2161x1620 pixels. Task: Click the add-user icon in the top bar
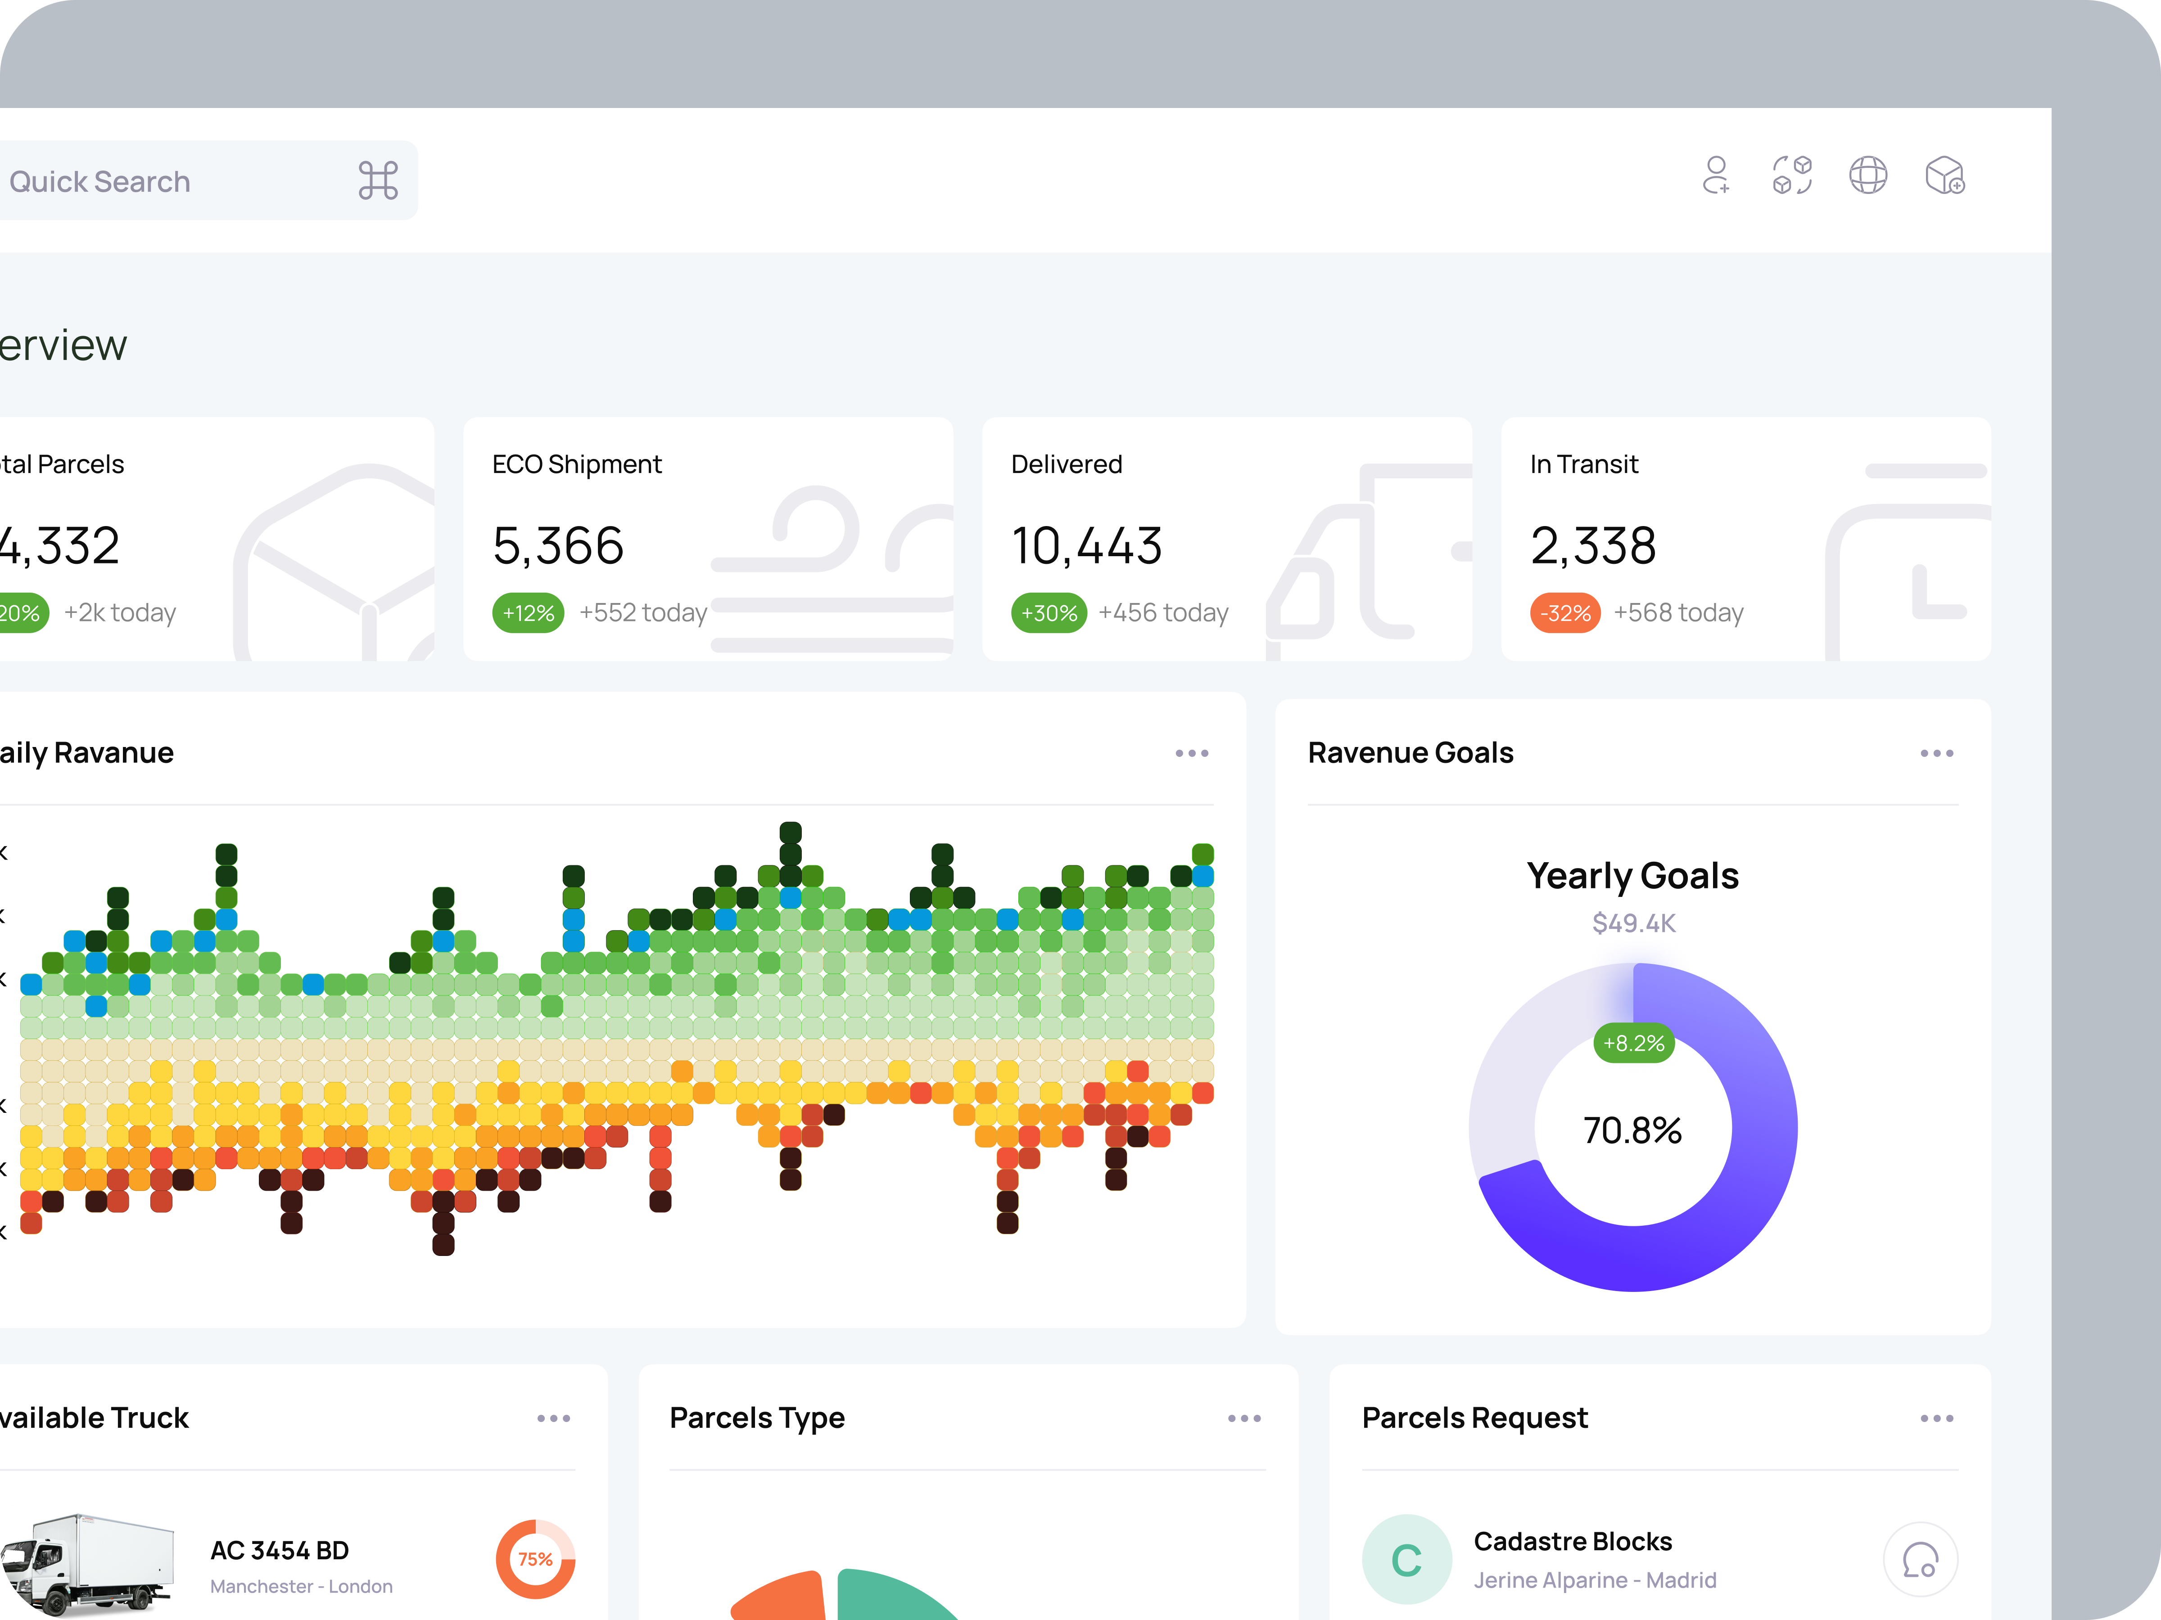[1715, 176]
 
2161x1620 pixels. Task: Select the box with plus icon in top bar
[1944, 176]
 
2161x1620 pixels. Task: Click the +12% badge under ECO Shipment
[528, 613]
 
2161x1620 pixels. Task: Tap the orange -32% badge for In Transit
[1565, 613]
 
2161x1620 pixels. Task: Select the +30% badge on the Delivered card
[1048, 613]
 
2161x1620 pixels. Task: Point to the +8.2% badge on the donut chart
[1633, 1043]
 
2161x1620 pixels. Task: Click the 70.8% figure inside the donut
[1632, 1130]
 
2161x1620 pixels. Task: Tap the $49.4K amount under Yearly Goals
[1633, 923]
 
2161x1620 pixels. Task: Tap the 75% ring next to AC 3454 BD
[535, 1559]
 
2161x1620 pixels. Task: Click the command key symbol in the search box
[378, 180]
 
